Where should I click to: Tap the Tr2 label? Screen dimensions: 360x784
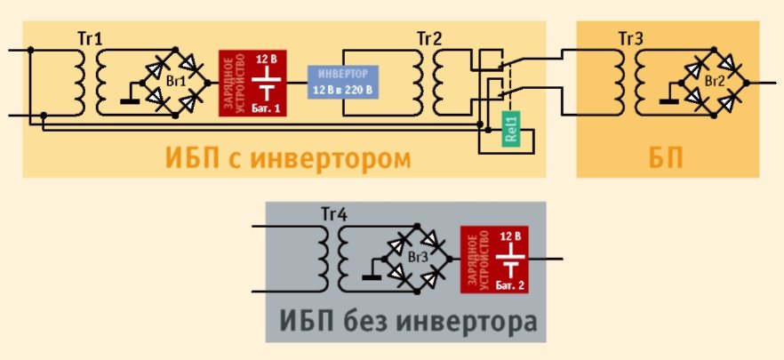click(x=429, y=39)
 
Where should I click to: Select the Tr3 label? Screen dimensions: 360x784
click(x=631, y=39)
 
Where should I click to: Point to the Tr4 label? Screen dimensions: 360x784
click(x=332, y=216)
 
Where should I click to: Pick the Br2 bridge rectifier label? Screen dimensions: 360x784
click(x=713, y=81)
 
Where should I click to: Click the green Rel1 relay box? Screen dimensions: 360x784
click(x=510, y=132)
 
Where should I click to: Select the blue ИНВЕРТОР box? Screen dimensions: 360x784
click(x=343, y=82)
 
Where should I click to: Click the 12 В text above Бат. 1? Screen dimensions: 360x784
click(x=267, y=60)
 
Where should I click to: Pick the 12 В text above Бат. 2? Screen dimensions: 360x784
click(x=509, y=236)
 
